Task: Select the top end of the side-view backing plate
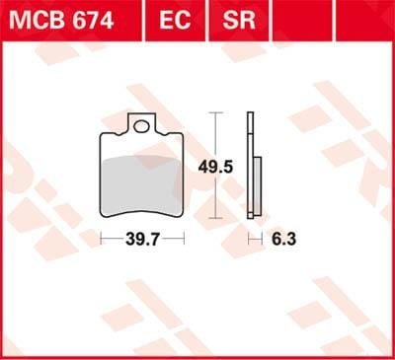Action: coord(249,115)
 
